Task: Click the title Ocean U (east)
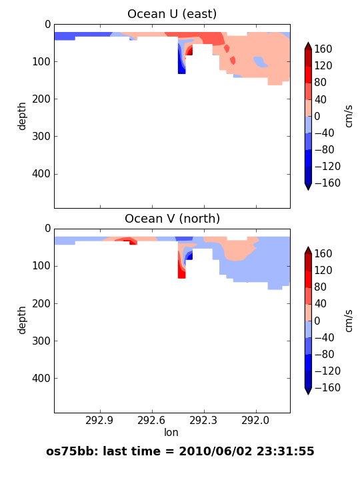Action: [172, 14]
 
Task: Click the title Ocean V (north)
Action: [173, 219]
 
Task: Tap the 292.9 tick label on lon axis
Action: [99, 420]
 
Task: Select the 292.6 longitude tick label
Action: [151, 420]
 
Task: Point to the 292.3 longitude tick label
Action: [203, 420]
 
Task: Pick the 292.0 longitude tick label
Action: [255, 420]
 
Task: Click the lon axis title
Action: [171, 432]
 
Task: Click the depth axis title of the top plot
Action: [22, 116]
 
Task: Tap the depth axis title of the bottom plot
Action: [22, 320]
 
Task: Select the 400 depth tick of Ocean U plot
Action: [41, 174]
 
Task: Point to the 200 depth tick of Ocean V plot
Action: [41, 303]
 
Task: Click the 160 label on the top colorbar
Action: [323, 49]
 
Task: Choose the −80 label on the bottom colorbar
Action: [324, 354]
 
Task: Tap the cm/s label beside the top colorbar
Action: [349, 116]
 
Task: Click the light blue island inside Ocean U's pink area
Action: [260, 62]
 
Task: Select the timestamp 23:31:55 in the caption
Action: [285, 451]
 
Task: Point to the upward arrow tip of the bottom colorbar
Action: [308, 247]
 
